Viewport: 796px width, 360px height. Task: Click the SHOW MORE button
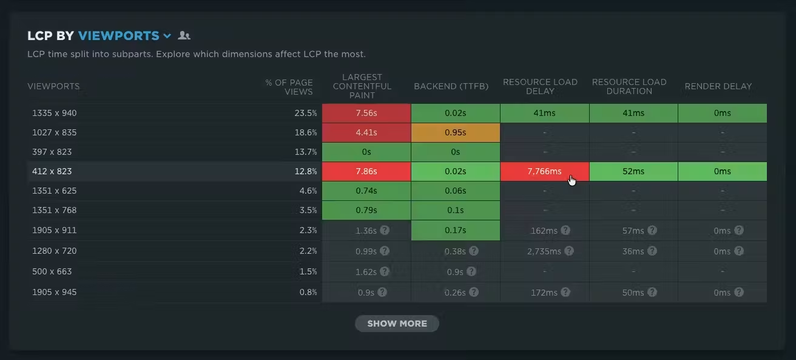pyautogui.click(x=397, y=324)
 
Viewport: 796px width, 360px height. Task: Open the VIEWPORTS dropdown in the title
pyautogui.click(x=125, y=36)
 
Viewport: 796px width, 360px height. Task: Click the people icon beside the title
pyautogui.click(x=184, y=35)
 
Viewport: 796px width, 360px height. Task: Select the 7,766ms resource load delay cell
pyautogui.click(x=544, y=171)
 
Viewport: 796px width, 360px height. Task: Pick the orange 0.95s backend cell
pyautogui.click(x=455, y=133)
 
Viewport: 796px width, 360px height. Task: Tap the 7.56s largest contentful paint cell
pyautogui.click(x=366, y=113)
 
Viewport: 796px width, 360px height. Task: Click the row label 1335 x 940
pyautogui.click(x=55, y=113)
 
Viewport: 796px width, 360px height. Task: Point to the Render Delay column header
pyautogui.click(x=718, y=86)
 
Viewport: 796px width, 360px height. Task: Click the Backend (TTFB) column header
pyautogui.click(x=451, y=86)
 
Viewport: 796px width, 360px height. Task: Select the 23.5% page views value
pyautogui.click(x=306, y=113)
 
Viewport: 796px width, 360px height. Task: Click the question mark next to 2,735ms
pyautogui.click(x=569, y=251)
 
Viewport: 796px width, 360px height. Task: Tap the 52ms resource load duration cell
pyautogui.click(x=633, y=171)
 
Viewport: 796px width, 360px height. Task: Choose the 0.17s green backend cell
pyautogui.click(x=455, y=230)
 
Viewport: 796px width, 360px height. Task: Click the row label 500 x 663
pyautogui.click(x=52, y=271)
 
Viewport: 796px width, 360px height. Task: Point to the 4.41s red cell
pyautogui.click(x=366, y=133)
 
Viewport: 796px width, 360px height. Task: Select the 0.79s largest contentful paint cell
pyautogui.click(x=366, y=210)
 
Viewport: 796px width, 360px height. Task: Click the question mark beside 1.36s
pyautogui.click(x=385, y=230)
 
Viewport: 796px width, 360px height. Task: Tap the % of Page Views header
pyautogui.click(x=289, y=87)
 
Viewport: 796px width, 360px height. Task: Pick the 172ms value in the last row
pyautogui.click(x=544, y=293)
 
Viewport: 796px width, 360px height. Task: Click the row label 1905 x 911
pyautogui.click(x=55, y=230)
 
